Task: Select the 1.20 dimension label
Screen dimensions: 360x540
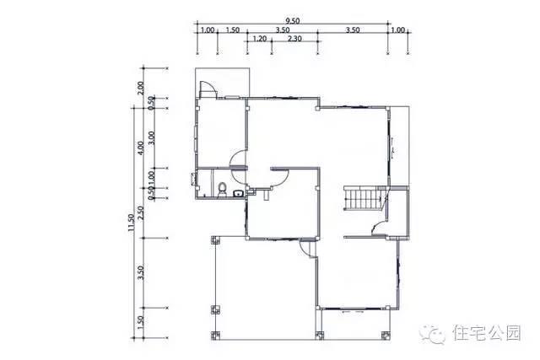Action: [x=259, y=39]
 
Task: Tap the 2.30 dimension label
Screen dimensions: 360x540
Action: [x=295, y=39]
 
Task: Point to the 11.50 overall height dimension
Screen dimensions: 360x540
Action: [x=132, y=223]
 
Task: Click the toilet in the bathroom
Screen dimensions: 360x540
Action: [x=221, y=189]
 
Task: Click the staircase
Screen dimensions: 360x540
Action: [x=364, y=201]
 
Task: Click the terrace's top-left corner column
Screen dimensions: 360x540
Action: [x=213, y=239]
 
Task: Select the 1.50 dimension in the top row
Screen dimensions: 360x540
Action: [x=232, y=30]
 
